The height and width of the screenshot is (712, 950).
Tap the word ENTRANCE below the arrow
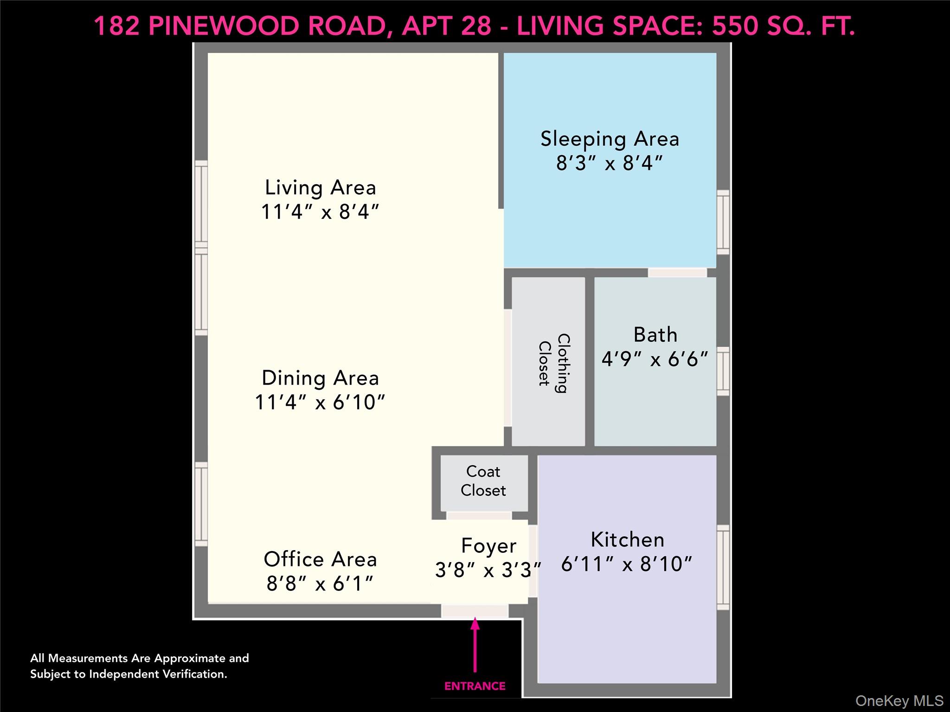[x=475, y=686]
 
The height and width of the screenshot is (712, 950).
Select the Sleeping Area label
[x=610, y=139]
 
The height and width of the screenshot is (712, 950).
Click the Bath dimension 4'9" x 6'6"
[x=655, y=359]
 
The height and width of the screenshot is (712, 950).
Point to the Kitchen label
[x=627, y=540]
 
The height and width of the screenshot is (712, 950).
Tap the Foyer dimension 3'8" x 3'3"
[x=488, y=570]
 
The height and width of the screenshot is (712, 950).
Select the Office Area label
[x=320, y=559]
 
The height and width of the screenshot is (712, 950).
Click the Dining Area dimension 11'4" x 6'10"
[x=320, y=402]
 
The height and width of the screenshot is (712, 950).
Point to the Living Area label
[x=320, y=188]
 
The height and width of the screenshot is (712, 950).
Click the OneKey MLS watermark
[x=899, y=701]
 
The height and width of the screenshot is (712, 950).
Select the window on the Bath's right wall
[x=723, y=371]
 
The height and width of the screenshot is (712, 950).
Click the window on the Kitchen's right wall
[x=723, y=567]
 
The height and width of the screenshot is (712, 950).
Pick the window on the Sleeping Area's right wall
[x=723, y=222]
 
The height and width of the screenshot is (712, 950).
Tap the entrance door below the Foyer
[x=475, y=611]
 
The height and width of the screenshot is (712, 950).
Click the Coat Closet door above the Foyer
[x=479, y=516]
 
